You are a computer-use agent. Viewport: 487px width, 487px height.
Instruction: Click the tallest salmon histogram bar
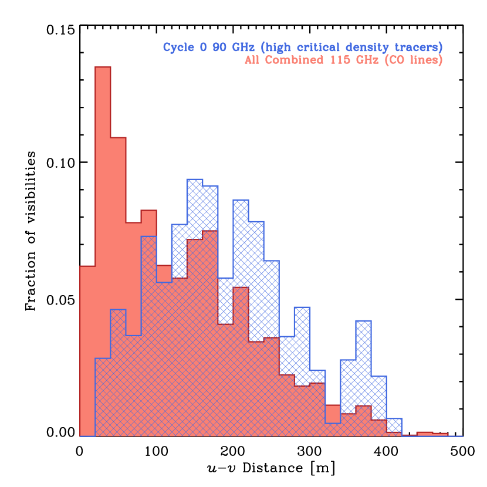point(103,252)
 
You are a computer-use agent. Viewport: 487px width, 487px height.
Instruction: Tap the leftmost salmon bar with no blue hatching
point(87,352)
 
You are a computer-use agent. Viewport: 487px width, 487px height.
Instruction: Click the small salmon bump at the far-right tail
point(432,434)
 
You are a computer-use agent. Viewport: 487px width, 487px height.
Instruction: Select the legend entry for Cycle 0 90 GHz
point(302,48)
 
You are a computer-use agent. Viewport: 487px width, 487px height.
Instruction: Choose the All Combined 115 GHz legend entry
point(343,60)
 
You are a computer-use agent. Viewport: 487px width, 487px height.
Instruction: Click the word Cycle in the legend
point(179,48)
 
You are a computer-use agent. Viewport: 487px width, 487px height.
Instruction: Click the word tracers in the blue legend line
point(418,48)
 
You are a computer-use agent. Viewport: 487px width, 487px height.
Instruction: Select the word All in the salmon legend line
point(252,60)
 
